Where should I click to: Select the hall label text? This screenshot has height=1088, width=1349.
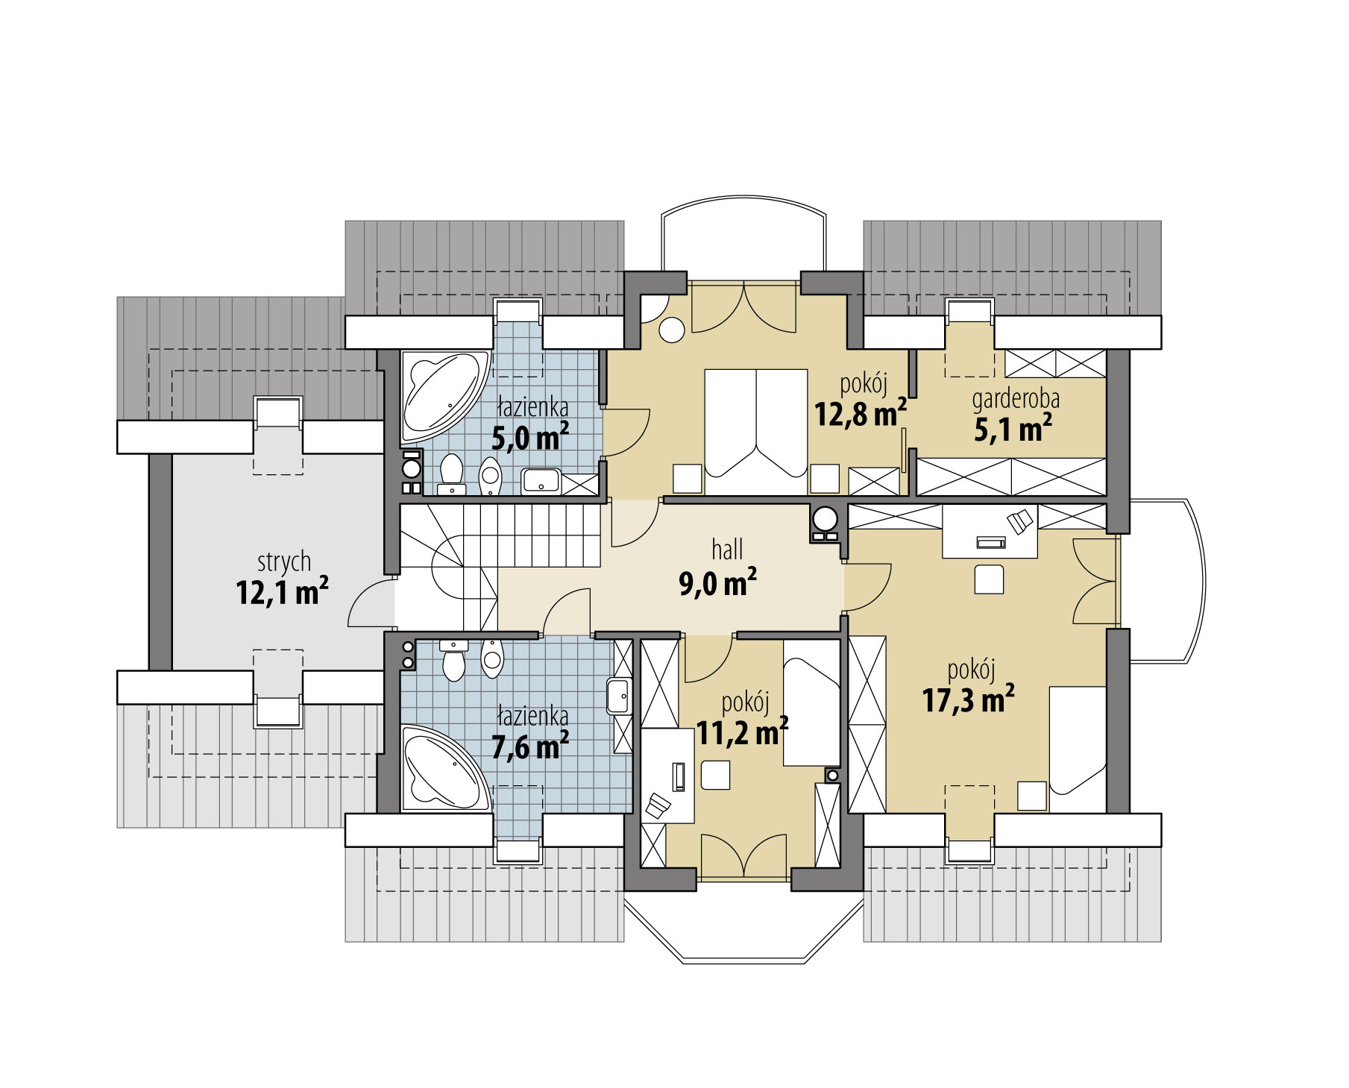727,550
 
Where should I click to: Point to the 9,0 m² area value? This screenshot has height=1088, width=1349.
718,582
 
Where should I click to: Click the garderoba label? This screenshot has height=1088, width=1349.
1016,400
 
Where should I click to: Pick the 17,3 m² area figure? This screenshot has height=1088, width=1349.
969,699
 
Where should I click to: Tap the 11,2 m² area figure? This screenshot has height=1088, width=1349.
743,732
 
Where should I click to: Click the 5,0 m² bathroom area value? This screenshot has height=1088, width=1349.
531,438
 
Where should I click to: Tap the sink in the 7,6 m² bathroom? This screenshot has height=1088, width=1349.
618,696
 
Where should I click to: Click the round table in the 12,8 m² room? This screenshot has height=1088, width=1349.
673,329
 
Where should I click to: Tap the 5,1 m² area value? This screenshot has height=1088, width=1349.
1013,429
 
